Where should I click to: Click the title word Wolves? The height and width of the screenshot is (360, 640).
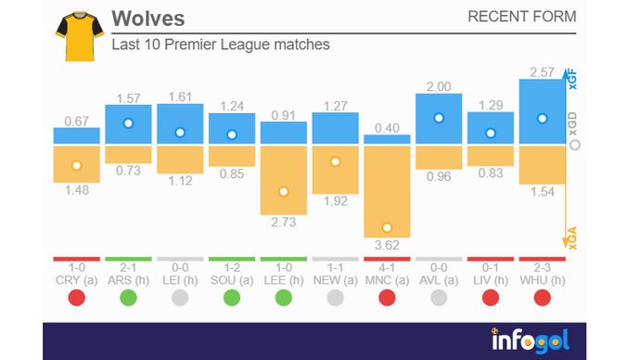click(147, 19)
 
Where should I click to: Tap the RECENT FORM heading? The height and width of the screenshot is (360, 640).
click(521, 17)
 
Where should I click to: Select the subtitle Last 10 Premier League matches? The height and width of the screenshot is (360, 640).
click(220, 44)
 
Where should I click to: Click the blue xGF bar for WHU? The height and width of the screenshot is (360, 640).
click(542, 111)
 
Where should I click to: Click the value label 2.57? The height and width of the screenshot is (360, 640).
click(542, 71)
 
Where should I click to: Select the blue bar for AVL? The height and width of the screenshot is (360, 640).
click(439, 119)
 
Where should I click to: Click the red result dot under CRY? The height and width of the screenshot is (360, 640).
click(76, 298)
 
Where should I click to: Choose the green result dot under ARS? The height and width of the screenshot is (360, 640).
click(128, 298)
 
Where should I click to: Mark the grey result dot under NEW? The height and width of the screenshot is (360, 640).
click(336, 298)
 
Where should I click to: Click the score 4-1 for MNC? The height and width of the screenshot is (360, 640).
click(387, 267)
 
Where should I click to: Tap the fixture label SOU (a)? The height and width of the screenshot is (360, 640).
click(232, 279)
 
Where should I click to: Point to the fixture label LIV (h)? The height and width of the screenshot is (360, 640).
click(491, 279)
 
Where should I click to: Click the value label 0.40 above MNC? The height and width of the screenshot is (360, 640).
click(387, 127)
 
